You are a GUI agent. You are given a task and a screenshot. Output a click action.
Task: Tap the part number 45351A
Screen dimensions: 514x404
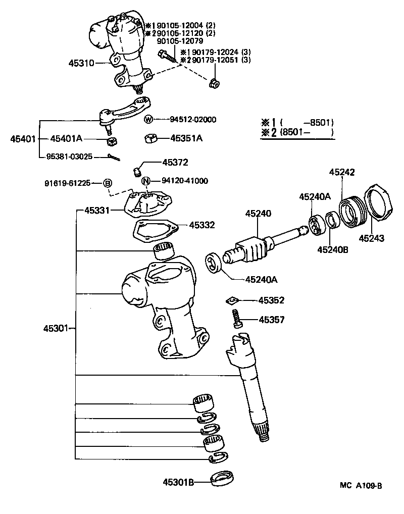tap(186, 138)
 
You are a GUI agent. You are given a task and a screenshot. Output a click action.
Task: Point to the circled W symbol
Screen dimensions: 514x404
tap(148, 120)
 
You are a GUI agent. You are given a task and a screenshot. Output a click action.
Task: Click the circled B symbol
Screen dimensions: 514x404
tap(108, 183)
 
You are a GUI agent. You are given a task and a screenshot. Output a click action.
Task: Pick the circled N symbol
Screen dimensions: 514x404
tap(145, 181)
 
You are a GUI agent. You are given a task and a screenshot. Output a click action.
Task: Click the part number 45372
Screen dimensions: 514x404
tap(175, 163)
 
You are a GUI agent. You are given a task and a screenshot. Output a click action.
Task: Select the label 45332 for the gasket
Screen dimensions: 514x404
tap(202, 225)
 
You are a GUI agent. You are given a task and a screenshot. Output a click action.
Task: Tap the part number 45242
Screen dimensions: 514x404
tap(342, 172)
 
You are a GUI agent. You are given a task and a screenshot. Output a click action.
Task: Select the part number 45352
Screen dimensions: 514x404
tap(271, 300)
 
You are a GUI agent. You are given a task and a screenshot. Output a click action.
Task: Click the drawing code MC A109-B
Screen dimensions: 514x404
tap(361, 486)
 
